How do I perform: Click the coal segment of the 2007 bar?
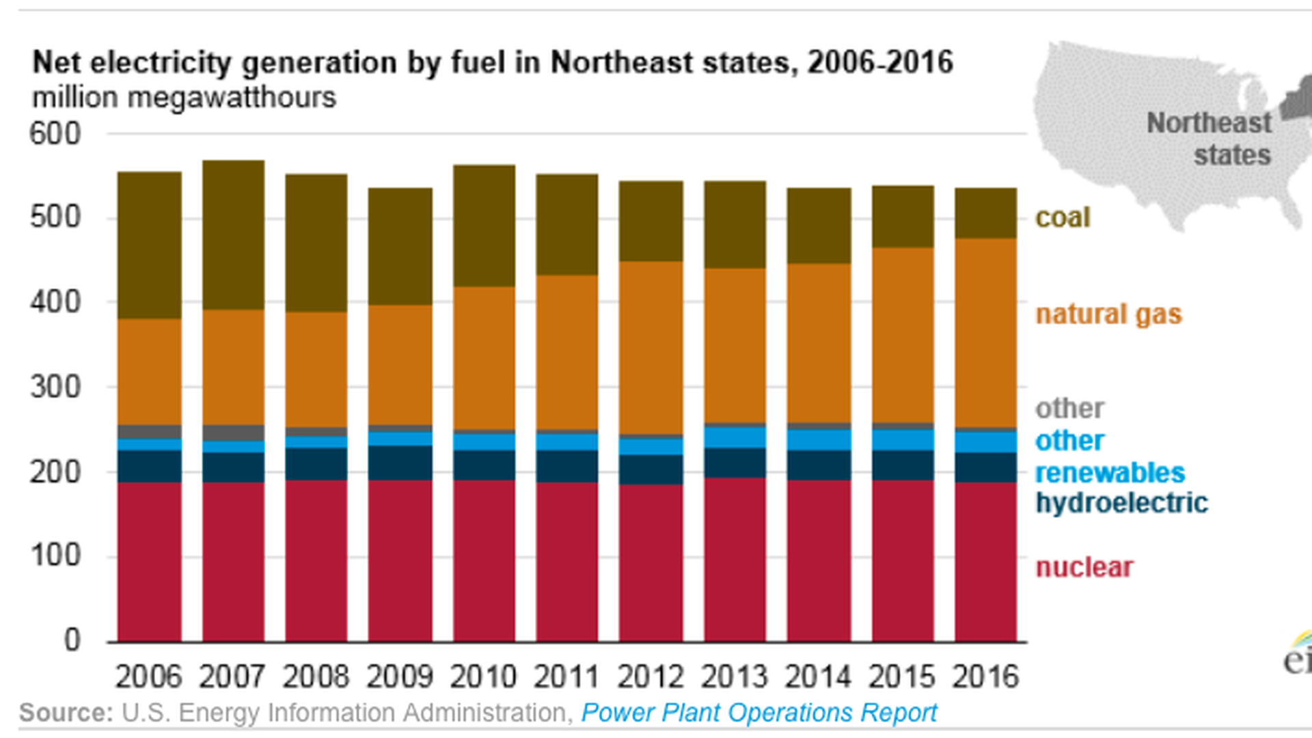point(233,235)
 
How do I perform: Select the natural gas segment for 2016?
point(985,333)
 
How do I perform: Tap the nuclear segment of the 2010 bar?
point(484,560)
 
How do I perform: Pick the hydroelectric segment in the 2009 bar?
point(400,463)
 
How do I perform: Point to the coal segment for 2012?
point(651,221)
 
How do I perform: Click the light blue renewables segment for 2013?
point(735,437)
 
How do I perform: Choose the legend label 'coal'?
point(1063,218)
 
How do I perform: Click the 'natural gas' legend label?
point(1108,314)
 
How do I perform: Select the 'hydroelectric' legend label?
point(1121,503)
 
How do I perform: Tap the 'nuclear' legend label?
point(1084,567)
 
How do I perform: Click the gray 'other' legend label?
point(1069,409)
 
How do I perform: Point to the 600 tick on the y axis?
point(55,133)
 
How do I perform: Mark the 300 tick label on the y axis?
point(55,387)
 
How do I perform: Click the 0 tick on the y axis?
point(72,641)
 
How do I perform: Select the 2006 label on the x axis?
point(149,677)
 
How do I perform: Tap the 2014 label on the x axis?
point(818,677)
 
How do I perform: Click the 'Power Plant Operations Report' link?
point(758,713)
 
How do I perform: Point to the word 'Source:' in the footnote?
point(66,713)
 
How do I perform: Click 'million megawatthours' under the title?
point(184,98)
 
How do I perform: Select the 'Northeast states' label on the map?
point(1209,139)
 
